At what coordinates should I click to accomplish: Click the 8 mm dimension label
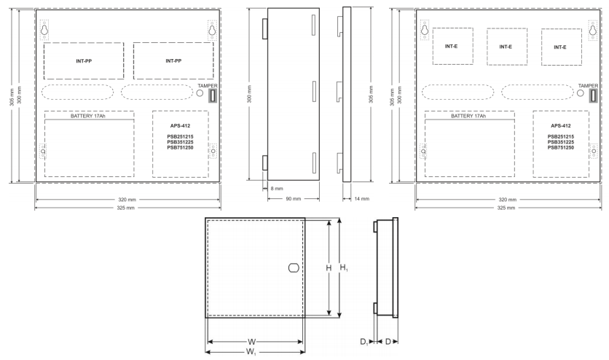277,189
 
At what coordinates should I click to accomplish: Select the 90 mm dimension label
294,199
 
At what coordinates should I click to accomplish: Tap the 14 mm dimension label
361,199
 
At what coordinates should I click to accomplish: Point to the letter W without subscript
251,342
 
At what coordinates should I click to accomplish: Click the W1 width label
251,352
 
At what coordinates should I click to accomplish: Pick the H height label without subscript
329,268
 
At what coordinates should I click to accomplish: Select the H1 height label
344,267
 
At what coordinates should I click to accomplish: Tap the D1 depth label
364,342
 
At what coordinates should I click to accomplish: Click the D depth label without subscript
388,342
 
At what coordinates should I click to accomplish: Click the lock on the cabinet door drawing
294,268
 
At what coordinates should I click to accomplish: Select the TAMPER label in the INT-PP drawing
208,86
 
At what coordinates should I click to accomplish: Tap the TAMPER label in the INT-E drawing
588,86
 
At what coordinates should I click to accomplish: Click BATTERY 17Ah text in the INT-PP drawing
87,116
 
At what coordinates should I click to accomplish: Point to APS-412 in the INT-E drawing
560,126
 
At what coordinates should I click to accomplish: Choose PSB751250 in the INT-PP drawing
180,148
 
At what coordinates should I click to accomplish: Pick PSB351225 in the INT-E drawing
560,142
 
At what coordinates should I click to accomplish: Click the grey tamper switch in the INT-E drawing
593,95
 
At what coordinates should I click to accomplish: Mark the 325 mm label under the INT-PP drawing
126,208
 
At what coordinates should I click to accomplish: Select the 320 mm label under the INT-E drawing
507,200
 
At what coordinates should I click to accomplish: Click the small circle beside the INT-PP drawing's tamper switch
200,93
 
